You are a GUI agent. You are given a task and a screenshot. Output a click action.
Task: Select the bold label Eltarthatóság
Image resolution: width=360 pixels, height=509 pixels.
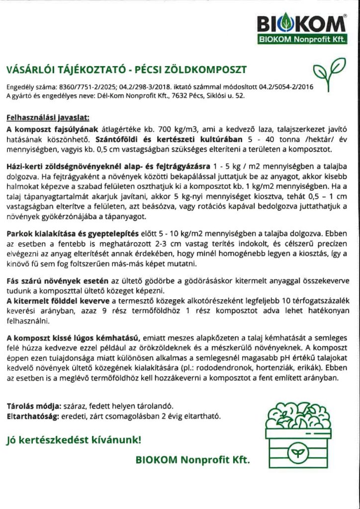[31, 416]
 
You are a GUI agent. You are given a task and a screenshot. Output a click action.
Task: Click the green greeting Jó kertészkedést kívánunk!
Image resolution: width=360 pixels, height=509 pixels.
[73, 440]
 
